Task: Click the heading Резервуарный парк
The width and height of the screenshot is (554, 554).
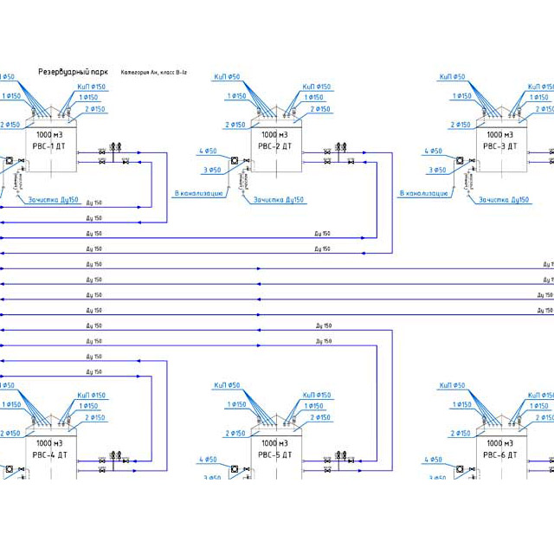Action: pyautogui.click(x=73, y=73)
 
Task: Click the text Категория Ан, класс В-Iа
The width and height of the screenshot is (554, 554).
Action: pyautogui.click(x=155, y=73)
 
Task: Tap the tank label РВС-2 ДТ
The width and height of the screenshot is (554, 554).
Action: pyautogui.click(x=275, y=146)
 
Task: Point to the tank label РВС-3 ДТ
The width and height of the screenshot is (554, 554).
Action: pyautogui.click(x=500, y=146)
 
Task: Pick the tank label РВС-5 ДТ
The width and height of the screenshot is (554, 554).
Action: pyautogui.click(x=275, y=454)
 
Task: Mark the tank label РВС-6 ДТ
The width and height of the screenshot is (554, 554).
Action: pyautogui.click(x=500, y=454)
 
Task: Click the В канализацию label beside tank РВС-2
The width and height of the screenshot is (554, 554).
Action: pyautogui.click(x=200, y=193)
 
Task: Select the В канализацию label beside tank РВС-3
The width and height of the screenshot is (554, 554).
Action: pyautogui.click(x=424, y=193)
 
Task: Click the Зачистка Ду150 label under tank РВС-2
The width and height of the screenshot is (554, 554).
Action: pyautogui.click(x=280, y=200)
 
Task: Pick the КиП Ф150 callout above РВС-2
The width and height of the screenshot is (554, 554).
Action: pyautogui.click(x=316, y=87)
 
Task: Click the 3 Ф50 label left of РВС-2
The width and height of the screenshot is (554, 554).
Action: pyautogui.click(x=212, y=170)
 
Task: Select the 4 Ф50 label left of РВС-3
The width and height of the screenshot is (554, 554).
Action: pyautogui.click(x=435, y=151)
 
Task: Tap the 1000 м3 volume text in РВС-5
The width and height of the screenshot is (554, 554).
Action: pyautogui.click(x=275, y=443)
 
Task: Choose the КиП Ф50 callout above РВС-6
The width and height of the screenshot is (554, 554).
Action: pyautogui.click(x=452, y=385)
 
